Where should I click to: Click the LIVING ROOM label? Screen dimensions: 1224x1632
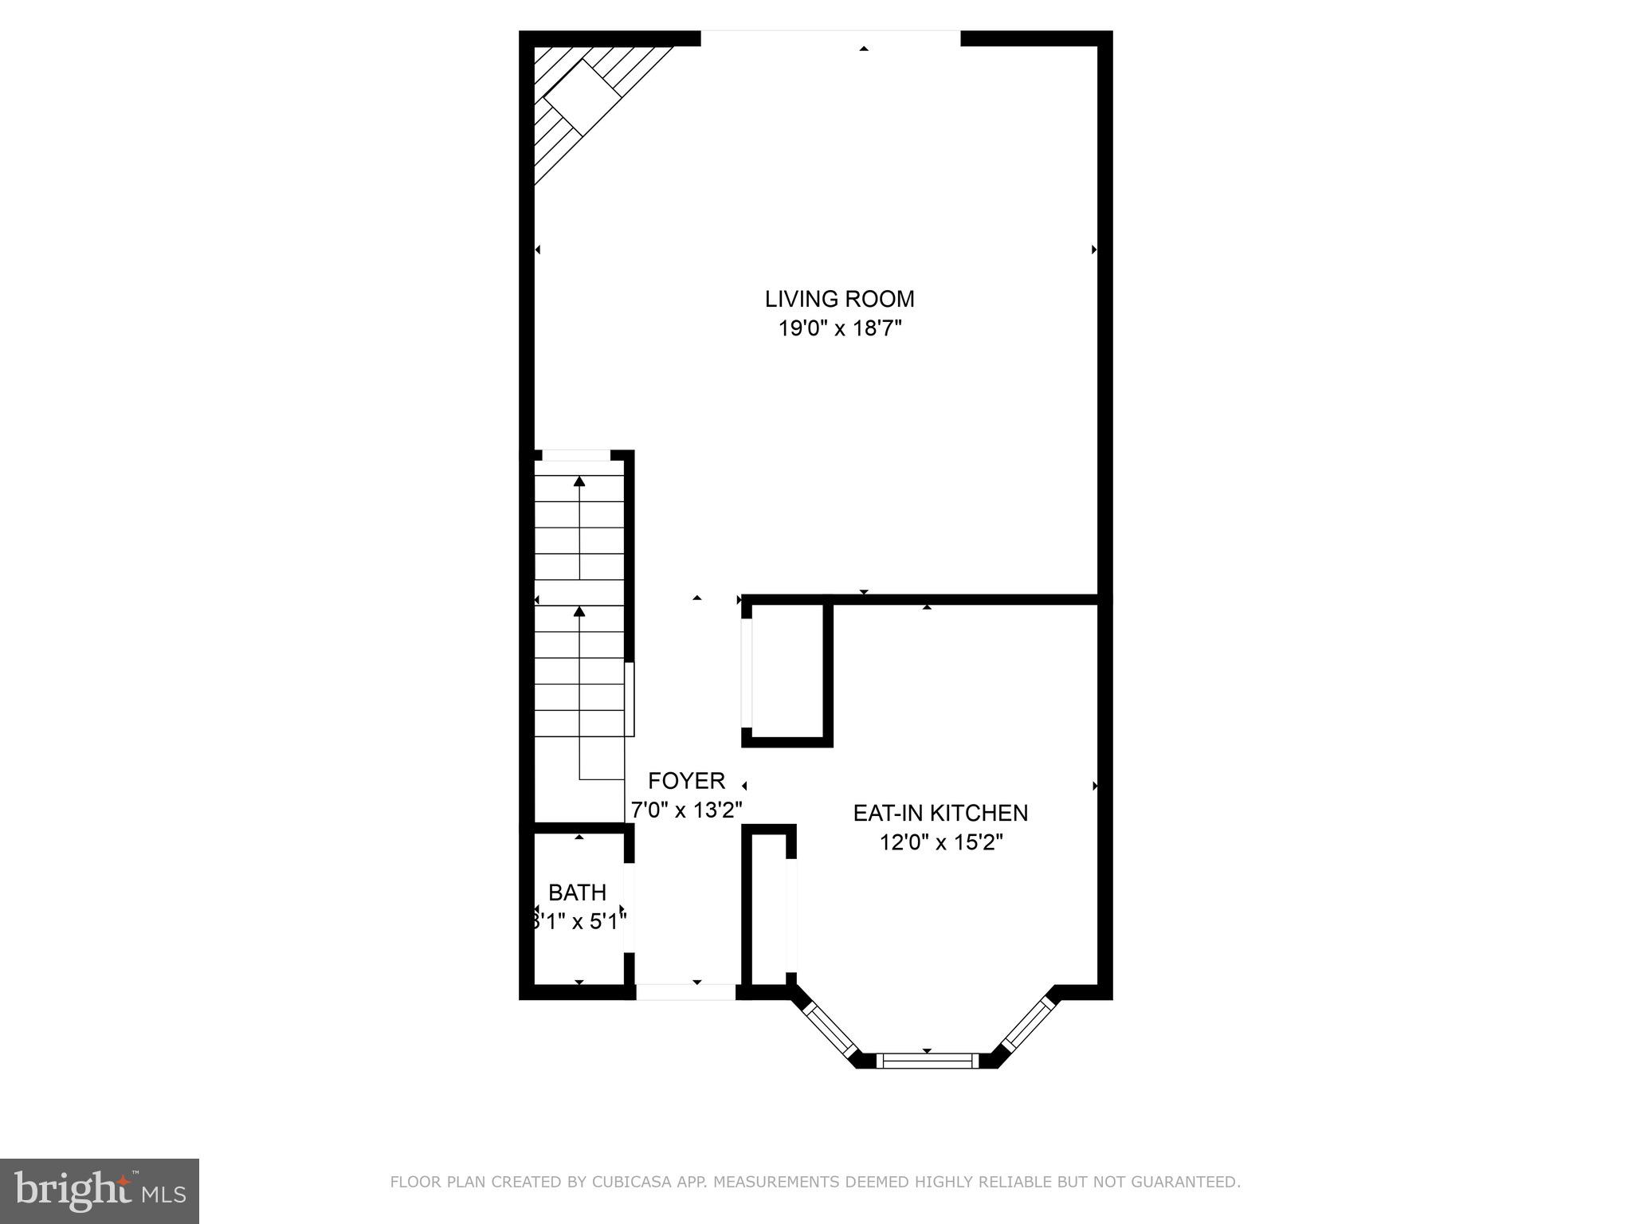pyautogui.click(x=839, y=299)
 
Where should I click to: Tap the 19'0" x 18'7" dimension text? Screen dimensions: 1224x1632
pyautogui.click(x=839, y=328)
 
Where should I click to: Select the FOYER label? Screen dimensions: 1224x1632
pyautogui.click(x=686, y=780)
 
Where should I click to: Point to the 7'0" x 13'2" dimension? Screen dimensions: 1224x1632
pyautogui.click(x=686, y=810)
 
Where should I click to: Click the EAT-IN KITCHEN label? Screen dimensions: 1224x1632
pyautogui.click(x=940, y=813)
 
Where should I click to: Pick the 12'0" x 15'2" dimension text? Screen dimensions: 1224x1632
pyautogui.click(x=940, y=842)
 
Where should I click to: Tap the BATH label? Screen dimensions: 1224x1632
pyautogui.click(x=577, y=892)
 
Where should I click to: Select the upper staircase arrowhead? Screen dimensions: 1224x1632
pyautogui.click(x=579, y=481)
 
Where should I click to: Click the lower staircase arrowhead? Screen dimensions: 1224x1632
pyautogui.click(x=579, y=611)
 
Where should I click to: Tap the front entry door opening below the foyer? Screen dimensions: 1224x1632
pyautogui.click(x=685, y=992)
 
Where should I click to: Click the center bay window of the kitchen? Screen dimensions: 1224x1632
pyautogui.click(x=927, y=1060)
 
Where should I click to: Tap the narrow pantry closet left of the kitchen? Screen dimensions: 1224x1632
pyautogui.click(x=771, y=908)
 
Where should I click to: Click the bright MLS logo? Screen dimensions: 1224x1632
pyautogui.click(x=100, y=1191)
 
